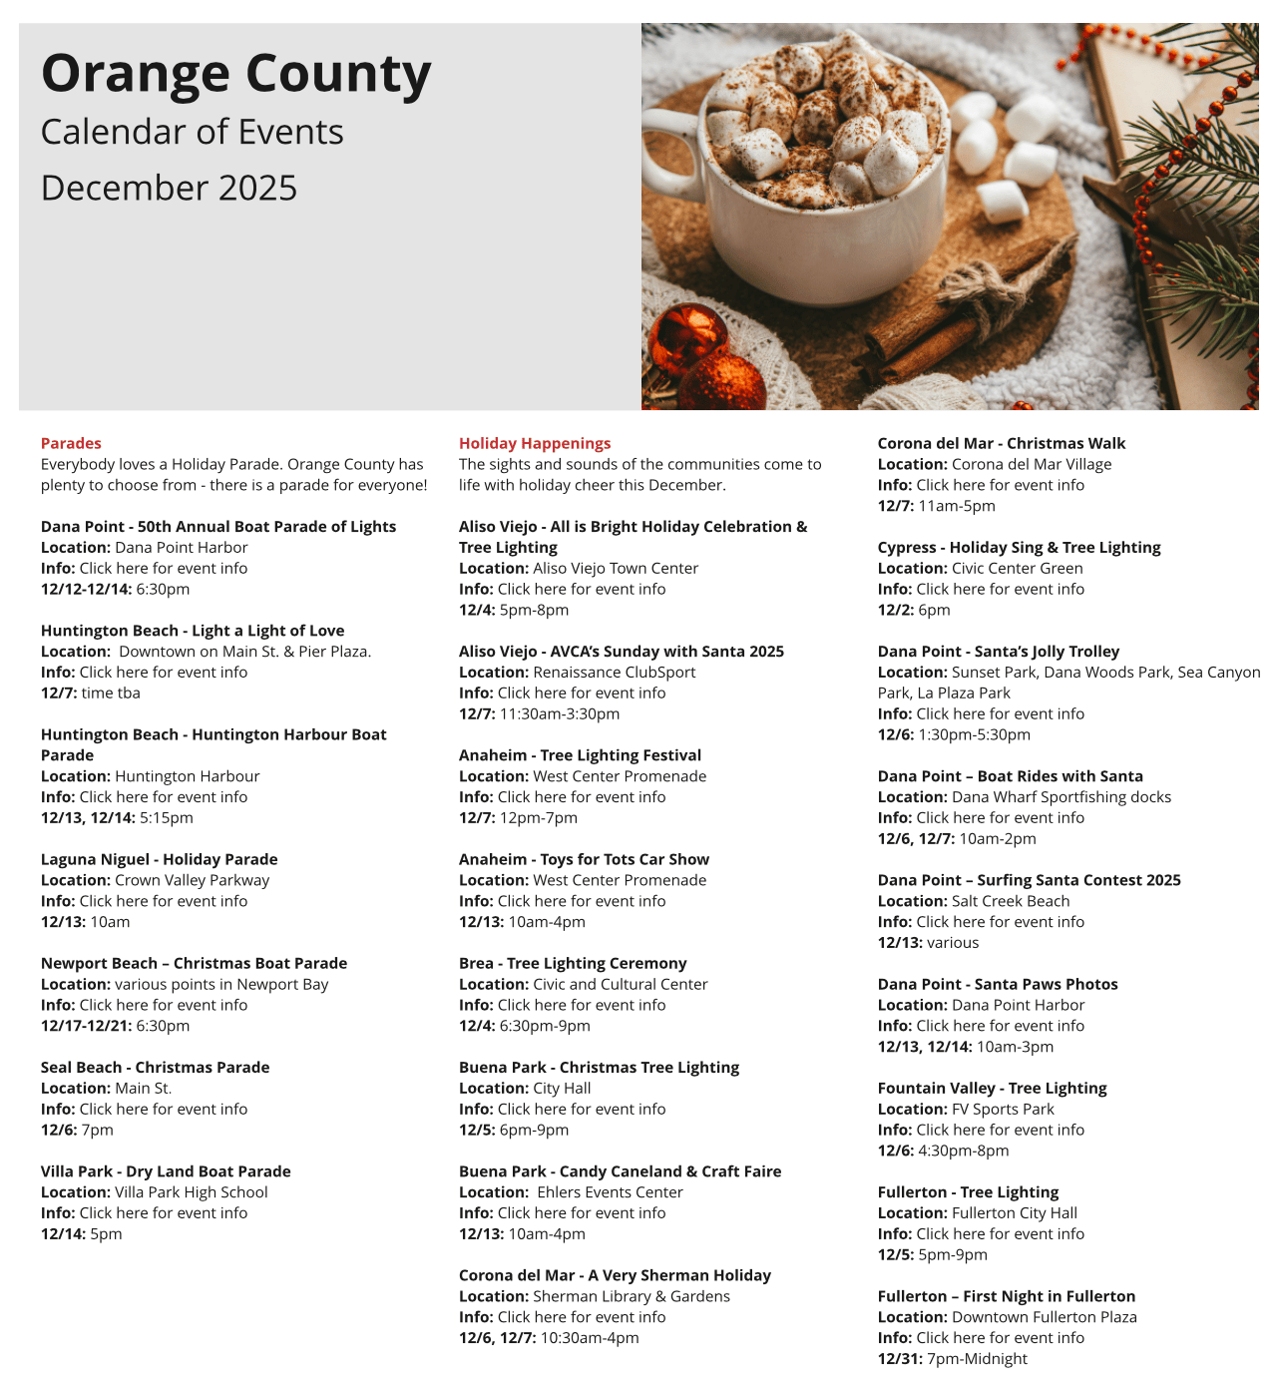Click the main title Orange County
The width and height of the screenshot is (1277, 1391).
[x=235, y=75]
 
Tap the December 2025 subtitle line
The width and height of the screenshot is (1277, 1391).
[x=169, y=188]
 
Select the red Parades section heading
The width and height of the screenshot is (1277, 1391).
[x=71, y=443]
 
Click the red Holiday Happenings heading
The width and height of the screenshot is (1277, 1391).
[x=535, y=443]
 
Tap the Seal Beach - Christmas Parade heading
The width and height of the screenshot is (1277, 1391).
[x=155, y=1067]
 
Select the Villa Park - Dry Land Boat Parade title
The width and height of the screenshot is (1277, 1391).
[x=166, y=1170]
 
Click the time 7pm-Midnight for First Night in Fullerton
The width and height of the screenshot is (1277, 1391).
[x=977, y=1358]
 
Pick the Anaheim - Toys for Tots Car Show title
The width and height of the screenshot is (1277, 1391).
[x=584, y=859]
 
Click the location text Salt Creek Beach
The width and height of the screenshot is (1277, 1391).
[x=1011, y=901]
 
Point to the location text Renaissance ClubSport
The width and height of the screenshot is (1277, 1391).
[x=615, y=673]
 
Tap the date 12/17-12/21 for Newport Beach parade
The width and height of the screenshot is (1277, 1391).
[x=86, y=1025]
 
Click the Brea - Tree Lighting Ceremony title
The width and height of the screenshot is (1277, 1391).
[x=573, y=963]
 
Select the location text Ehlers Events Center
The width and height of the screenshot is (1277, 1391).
[x=610, y=1191]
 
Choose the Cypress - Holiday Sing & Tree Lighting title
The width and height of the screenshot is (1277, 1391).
[x=1019, y=547]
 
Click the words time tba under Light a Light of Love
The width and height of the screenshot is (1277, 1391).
[x=111, y=693]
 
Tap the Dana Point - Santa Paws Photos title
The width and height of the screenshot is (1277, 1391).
[x=998, y=984]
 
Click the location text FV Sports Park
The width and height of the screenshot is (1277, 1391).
[x=1003, y=1109]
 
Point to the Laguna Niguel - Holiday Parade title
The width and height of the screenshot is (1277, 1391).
[x=159, y=859]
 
